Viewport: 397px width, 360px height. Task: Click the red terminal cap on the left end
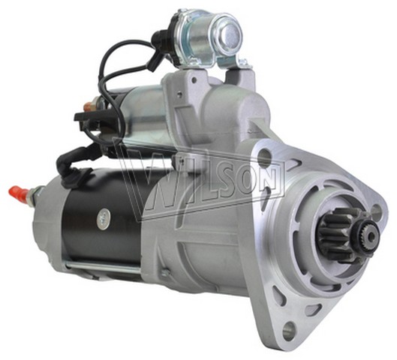[x=19, y=192]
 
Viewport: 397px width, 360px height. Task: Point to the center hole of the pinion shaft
[x=372, y=235]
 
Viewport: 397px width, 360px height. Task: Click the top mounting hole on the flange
[x=264, y=154]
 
